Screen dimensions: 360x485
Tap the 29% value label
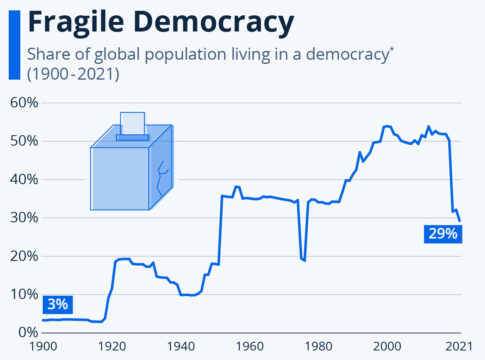(441, 233)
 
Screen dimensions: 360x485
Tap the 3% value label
(57, 303)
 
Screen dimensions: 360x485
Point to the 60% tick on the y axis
(24, 102)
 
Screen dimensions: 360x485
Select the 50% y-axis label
(24, 141)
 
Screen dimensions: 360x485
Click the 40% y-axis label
(24, 179)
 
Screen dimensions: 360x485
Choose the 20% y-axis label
(24, 256)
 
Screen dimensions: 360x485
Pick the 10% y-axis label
(24, 294)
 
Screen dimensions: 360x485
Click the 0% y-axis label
(28, 332)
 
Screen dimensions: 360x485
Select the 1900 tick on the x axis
(43, 346)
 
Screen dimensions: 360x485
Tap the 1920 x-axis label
(112, 346)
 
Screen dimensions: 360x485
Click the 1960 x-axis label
(249, 346)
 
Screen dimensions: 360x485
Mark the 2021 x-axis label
(459, 346)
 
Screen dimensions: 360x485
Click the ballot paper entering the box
(132, 123)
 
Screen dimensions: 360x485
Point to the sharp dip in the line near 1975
(302, 259)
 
